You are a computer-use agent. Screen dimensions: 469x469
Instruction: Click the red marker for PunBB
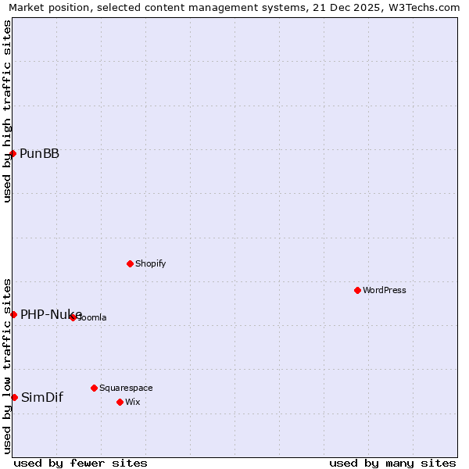click(13, 153)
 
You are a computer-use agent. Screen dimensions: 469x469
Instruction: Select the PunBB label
click(39, 153)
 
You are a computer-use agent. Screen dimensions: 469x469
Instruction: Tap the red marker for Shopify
click(130, 263)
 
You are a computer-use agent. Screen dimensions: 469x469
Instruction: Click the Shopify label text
click(150, 263)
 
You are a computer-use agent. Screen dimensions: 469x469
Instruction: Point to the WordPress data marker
click(357, 290)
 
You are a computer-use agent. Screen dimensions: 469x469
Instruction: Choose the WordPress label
click(385, 290)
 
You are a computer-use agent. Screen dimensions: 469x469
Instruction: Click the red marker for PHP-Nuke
click(13, 314)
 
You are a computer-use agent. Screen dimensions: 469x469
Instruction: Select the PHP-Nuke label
click(51, 314)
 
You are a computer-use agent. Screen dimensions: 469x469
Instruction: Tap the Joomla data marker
click(73, 317)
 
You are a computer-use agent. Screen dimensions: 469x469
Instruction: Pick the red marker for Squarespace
click(94, 388)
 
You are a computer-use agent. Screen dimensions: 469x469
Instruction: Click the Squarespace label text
click(126, 388)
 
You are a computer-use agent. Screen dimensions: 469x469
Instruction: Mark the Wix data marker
click(120, 402)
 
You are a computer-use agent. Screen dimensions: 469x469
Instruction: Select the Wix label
click(133, 402)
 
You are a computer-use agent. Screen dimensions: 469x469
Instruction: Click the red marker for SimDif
click(14, 397)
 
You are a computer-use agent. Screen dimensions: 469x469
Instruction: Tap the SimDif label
click(41, 397)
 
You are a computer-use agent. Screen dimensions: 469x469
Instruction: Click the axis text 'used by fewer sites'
click(81, 463)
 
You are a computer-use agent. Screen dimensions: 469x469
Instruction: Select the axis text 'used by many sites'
click(392, 463)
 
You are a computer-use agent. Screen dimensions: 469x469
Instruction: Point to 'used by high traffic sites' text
click(7, 111)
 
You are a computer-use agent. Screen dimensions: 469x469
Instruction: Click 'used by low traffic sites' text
click(7, 365)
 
